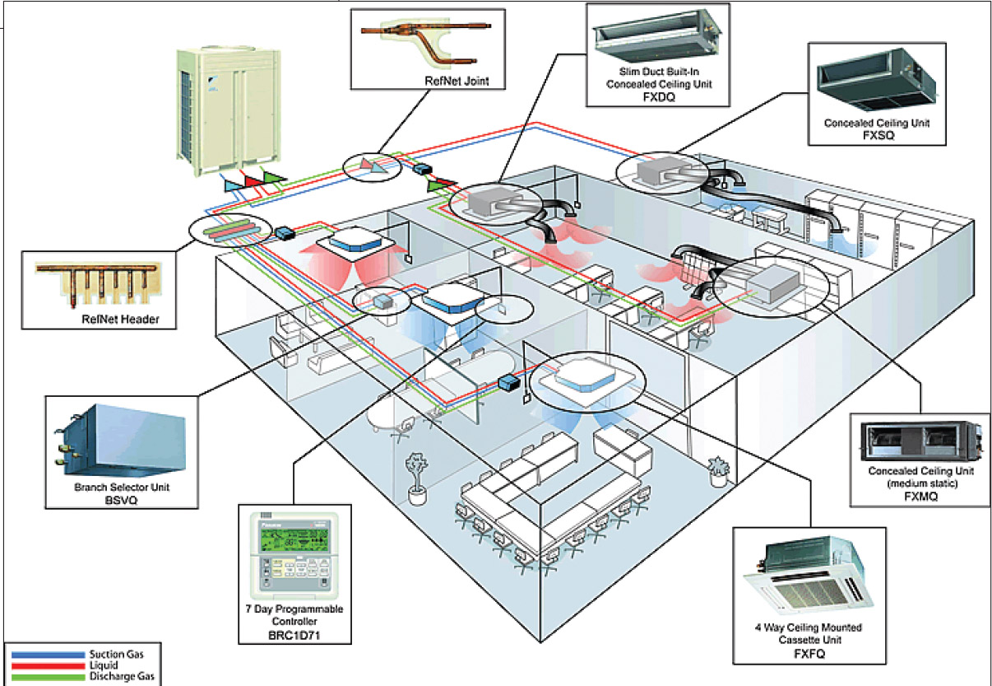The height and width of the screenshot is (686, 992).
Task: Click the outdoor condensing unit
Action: pyautogui.click(x=213, y=107)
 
